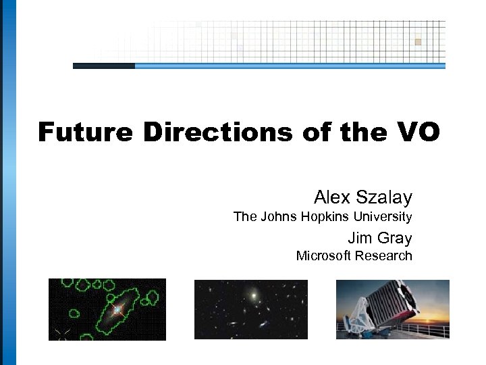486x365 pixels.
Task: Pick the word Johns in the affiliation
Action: pos(278,217)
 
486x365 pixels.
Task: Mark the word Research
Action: pos(384,255)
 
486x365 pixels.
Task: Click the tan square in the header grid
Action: pos(418,42)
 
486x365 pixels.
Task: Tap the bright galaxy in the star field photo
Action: pos(253,295)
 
